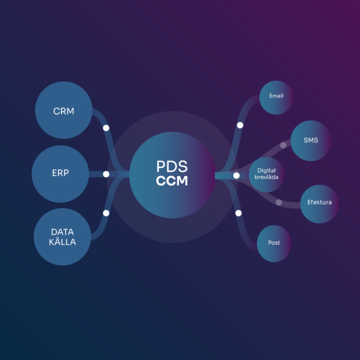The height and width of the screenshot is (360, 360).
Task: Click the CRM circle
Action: click(63, 111)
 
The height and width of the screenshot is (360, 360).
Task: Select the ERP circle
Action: click(60, 173)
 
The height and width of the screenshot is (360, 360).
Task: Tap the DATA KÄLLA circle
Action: click(63, 236)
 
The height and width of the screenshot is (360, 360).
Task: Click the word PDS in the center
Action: click(172, 167)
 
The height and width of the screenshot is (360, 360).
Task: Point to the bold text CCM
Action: click(172, 181)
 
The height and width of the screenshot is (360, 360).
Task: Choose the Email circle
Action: click(276, 97)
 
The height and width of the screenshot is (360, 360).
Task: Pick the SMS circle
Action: click(311, 140)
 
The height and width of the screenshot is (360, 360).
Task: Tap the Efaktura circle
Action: click(319, 203)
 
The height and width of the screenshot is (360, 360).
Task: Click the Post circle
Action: click(274, 243)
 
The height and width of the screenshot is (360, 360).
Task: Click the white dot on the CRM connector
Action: click(106, 128)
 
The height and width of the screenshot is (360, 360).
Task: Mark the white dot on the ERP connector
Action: click(106, 174)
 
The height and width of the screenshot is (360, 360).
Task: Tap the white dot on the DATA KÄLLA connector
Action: click(106, 213)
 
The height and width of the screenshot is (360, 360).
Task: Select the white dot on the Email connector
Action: click(240, 125)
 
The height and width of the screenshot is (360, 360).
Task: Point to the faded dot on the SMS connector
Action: click(283, 145)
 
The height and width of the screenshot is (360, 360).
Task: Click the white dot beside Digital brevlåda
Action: click(236, 176)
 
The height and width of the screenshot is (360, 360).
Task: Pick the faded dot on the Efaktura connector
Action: click(279, 202)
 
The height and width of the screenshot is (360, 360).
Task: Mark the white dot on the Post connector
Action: click(238, 213)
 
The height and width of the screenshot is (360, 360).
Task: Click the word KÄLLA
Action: click(63, 242)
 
